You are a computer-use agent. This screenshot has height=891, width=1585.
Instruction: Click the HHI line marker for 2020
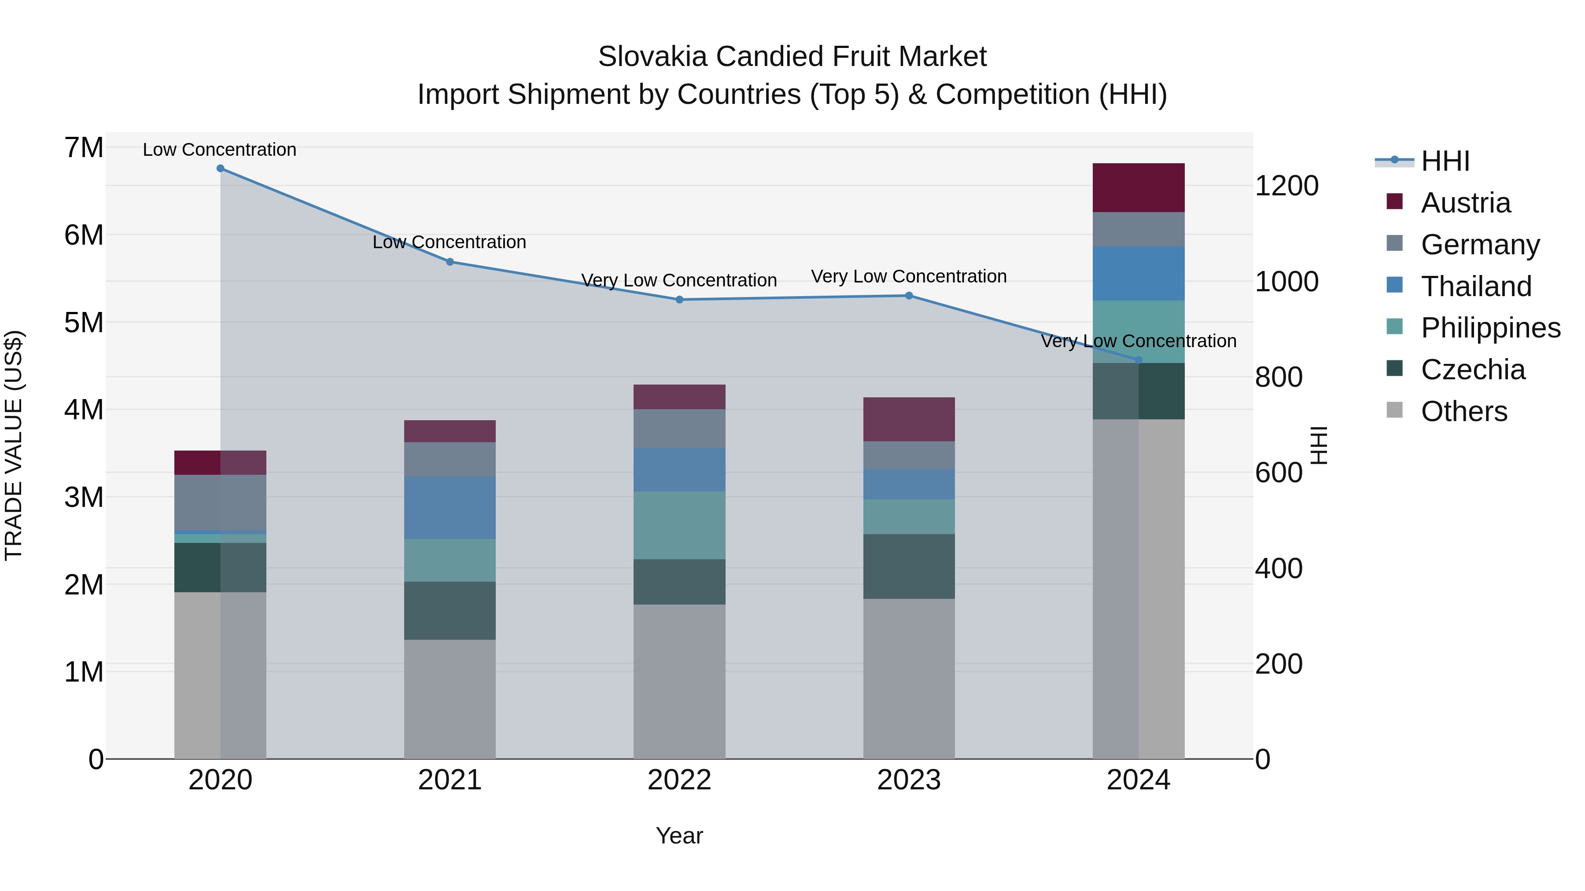pos(220,169)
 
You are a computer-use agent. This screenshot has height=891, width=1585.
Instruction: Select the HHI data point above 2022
pos(679,300)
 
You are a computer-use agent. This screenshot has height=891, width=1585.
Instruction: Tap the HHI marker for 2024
pos(1138,360)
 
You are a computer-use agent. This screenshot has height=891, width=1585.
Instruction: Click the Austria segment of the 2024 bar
pos(1138,187)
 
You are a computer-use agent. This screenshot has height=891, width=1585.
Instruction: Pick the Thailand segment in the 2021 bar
pos(450,507)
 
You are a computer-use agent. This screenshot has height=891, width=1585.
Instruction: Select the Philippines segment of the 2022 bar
pos(679,524)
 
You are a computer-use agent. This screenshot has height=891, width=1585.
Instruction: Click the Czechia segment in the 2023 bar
pos(909,566)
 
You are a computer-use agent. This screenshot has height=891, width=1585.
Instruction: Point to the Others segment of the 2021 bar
pos(450,699)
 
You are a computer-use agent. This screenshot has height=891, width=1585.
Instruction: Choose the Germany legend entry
pos(1480,245)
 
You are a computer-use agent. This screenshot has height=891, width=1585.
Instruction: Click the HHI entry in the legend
pos(1445,161)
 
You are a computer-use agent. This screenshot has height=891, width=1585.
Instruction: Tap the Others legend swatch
pos(1394,410)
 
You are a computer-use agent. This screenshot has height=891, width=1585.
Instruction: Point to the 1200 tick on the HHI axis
pos(1286,186)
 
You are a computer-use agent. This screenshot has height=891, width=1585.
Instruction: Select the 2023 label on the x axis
pos(909,780)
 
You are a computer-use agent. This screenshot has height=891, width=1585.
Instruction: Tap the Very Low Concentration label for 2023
pos(909,277)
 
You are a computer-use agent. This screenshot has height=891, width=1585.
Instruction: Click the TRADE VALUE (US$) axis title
pos(14,445)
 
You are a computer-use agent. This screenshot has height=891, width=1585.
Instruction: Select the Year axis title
pos(679,836)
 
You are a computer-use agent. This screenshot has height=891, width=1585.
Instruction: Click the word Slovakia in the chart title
pos(653,57)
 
